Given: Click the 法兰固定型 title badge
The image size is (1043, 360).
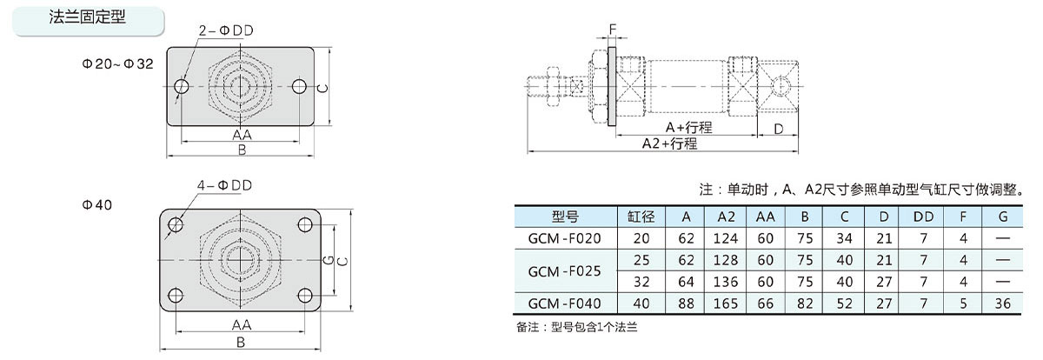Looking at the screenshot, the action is [88, 21].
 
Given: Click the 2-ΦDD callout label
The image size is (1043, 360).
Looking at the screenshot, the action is [226, 30].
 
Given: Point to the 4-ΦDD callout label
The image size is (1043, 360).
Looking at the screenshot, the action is [224, 185].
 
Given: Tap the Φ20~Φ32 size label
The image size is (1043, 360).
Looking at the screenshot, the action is [118, 63].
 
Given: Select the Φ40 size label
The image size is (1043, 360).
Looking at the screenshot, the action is [96, 205].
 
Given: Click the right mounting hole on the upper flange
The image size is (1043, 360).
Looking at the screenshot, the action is [299, 86].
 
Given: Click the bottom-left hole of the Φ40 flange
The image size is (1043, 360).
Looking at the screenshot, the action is [176, 296].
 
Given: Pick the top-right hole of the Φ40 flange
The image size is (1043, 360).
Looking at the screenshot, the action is [305, 225].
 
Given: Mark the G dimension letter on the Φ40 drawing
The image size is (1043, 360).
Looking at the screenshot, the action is [329, 260].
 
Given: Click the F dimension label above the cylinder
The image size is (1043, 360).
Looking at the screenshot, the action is [612, 30].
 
